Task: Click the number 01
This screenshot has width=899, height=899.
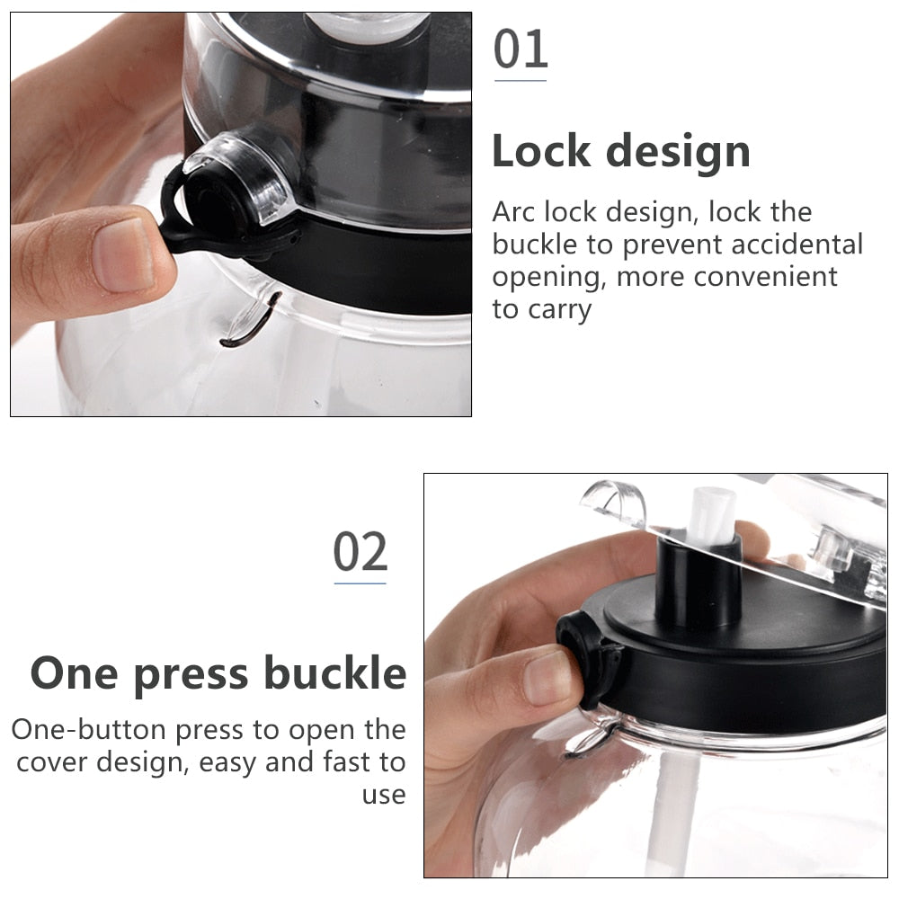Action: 521,49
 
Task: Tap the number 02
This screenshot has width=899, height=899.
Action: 360,552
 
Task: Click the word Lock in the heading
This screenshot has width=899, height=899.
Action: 541,151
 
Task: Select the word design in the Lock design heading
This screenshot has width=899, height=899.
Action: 678,154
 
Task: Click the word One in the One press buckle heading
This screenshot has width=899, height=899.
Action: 75,674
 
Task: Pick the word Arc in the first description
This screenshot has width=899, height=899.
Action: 513,212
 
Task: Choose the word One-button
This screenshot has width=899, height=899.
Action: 89,730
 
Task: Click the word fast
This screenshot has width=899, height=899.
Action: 347,762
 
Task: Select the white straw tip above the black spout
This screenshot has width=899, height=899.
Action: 712,515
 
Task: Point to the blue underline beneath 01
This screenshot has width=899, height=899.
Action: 520,81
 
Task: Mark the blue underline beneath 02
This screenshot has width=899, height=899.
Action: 360,583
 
